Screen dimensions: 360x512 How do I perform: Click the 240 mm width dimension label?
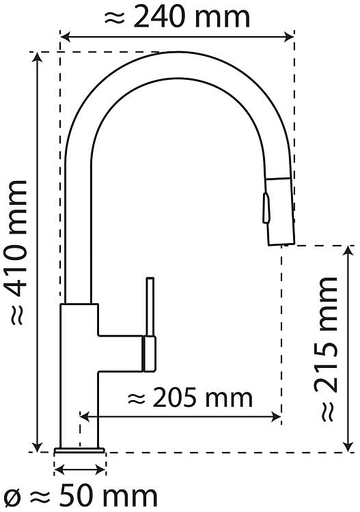coord(177,18)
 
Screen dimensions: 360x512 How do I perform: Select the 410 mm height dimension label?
coord(18,253)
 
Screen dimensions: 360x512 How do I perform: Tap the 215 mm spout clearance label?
coord(326,349)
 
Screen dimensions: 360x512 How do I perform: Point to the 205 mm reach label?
coord(190,397)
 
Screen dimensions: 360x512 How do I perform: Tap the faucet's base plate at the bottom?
coord(79,451)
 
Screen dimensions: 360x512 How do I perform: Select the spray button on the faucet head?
coord(266,208)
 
